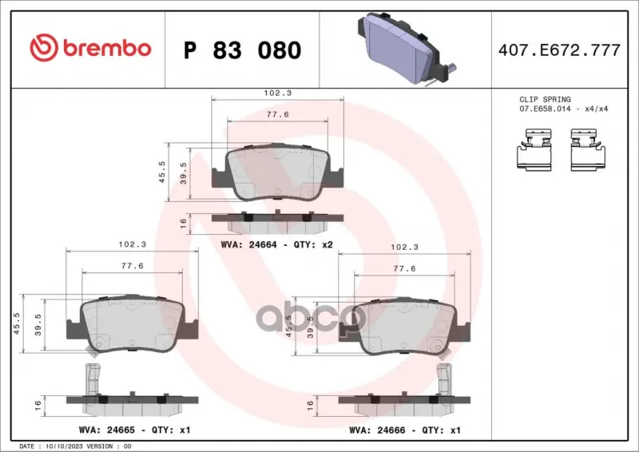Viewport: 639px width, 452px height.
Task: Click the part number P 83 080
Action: [x=243, y=50]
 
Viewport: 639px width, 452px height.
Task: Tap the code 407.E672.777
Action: [x=559, y=50]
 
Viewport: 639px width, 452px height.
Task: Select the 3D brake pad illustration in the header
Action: [x=407, y=48]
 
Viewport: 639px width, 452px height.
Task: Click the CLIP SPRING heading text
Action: [x=545, y=100]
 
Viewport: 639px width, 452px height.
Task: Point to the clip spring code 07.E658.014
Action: [x=545, y=109]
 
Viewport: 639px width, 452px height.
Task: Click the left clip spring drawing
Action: [x=536, y=149]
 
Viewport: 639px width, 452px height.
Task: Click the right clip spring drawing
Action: [x=587, y=149]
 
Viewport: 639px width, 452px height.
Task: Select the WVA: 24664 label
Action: [x=248, y=244]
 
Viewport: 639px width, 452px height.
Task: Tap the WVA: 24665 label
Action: [x=107, y=430]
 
